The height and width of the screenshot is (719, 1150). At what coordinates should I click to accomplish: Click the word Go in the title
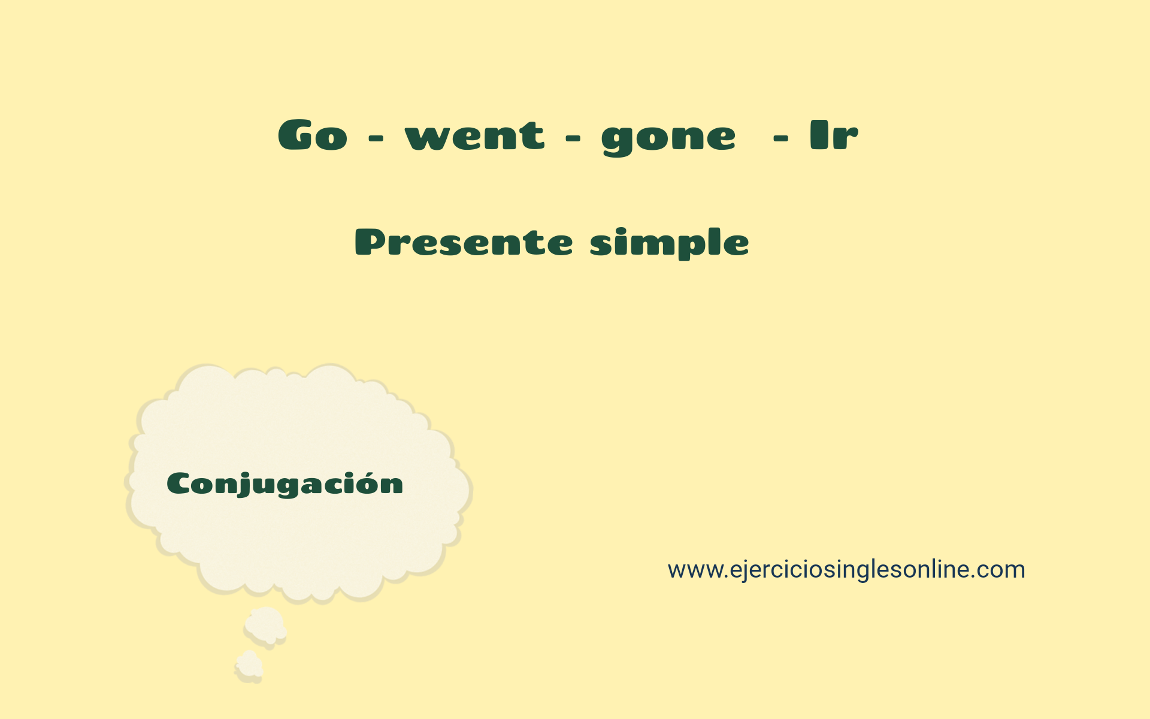click(x=313, y=135)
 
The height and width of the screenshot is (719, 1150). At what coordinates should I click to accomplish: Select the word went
click(x=474, y=135)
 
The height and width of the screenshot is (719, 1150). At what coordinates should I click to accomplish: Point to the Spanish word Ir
click(x=834, y=135)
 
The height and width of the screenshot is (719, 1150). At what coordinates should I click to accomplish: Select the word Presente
click(x=464, y=243)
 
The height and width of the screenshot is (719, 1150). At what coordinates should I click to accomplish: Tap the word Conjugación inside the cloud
click(x=285, y=484)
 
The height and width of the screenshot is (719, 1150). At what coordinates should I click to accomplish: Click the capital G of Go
click(x=296, y=135)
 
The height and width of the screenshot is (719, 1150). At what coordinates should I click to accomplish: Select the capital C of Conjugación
click(x=178, y=484)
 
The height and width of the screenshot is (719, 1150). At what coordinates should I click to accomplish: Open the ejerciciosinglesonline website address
click(x=846, y=569)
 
